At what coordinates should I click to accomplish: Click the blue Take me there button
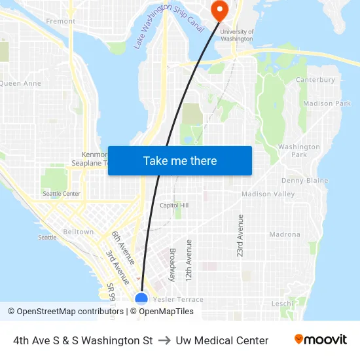tap(180, 161)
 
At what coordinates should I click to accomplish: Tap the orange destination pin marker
tap(218, 9)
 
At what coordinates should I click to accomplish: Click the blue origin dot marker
tap(141, 299)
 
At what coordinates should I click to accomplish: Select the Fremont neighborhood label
tap(61, 22)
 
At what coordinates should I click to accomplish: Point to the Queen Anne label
tap(21, 84)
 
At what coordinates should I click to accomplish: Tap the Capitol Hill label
tap(174, 206)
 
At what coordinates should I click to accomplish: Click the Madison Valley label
tap(268, 194)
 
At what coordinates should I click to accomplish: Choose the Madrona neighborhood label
tap(285, 234)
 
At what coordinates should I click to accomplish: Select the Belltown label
tap(79, 232)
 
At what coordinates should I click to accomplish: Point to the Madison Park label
tap(327, 103)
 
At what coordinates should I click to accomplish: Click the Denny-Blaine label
tap(304, 181)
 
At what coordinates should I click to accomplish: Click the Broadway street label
tap(172, 264)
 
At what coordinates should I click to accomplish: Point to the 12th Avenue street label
tap(189, 261)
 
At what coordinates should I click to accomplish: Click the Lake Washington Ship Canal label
tap(170, 26)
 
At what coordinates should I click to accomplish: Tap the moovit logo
tap(320, 340)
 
